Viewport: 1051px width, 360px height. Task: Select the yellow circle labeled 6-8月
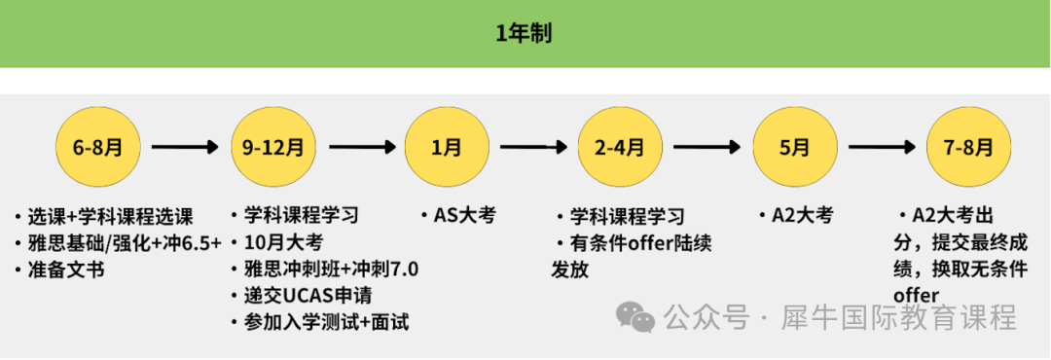coord(96,148)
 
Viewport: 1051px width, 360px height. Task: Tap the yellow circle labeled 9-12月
coord(272,148)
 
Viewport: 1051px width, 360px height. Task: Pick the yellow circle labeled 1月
coord(447,148)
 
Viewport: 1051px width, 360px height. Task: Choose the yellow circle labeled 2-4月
coord(620,148)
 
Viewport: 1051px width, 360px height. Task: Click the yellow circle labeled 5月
coord(794,148)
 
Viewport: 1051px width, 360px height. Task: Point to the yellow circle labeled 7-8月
coord(968,148)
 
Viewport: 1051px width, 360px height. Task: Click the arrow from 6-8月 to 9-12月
coord(184,148)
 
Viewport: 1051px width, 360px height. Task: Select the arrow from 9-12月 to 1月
coord(360,148)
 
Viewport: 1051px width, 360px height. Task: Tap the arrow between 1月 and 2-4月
coord(532,148)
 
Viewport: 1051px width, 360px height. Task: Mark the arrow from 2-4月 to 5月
coord(707,148)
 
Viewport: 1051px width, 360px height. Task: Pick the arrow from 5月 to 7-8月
coord(881,148)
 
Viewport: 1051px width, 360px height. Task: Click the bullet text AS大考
coord(464,215)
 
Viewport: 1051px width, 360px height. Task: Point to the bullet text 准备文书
coord(65,270)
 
